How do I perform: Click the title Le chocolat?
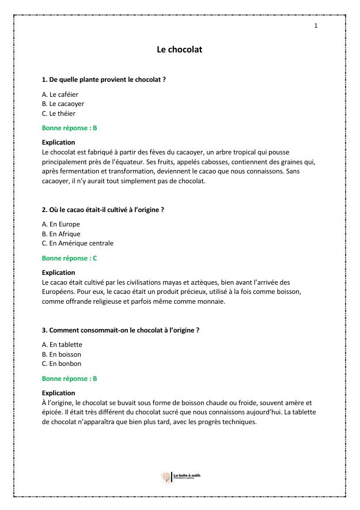[x=180, y=50]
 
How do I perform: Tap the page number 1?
[x=316, y=26]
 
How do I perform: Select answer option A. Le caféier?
[x=60, y=95]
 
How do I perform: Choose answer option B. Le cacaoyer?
[x=63, y=104]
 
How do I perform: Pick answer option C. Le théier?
[x=59, y=114]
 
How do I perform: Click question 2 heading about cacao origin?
[x=103, y=210]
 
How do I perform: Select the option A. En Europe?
[x=61, y=224]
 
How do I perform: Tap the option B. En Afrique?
[x=61, y=234]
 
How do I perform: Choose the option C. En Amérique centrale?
[x=78, y=243]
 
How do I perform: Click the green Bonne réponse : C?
[x=70, y=258]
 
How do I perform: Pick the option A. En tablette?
[x=62, y=345]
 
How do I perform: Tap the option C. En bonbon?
[x=62, y=364]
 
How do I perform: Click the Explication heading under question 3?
[x=59, y=393]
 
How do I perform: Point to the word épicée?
[x=52, y=412]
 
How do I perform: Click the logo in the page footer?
[x=180, y=476]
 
